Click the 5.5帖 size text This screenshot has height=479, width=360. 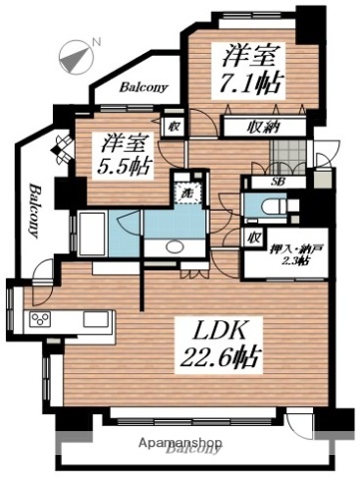pos(124,165)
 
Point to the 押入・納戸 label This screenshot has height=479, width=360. pos(288,247)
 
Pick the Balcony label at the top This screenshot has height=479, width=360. pos(143,87)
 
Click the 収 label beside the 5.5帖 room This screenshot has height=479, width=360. pos(173,126)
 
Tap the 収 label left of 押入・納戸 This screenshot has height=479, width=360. pos(255,237)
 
